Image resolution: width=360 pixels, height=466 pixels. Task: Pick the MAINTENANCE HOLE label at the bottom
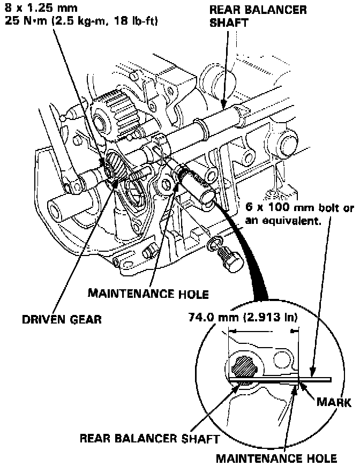point(276,458)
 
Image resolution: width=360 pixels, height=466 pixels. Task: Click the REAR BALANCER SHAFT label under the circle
point(149,439)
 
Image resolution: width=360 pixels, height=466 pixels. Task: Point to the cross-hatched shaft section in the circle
point(243,369)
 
